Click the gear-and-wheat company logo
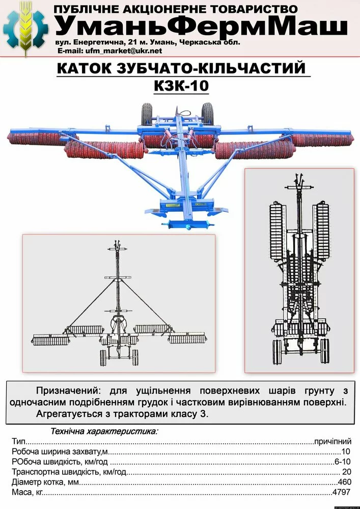click(25, 29)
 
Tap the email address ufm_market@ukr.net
click(123, 51)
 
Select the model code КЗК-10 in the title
click(181, 86)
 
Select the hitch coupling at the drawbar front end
click(188, 225)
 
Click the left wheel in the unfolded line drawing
click(103, 358)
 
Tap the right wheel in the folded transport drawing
click(325, 351)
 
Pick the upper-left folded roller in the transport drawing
click(277, 231)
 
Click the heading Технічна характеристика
click(104, 432)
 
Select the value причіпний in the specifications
click(333, 441)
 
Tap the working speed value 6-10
click(343, 462)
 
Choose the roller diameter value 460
click(344, 482)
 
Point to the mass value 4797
click(342, 492)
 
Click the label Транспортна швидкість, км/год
click(69, 472)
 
